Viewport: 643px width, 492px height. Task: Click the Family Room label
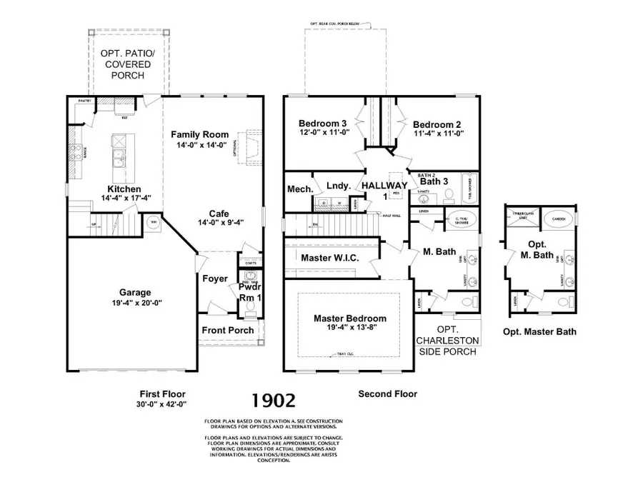199,134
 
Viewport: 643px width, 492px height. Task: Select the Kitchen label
123,189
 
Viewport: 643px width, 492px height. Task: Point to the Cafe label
219,213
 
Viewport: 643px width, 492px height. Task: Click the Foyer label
214,278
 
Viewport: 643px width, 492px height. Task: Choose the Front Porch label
228,330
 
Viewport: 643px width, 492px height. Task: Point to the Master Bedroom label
350,318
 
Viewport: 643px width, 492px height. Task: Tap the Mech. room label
300,189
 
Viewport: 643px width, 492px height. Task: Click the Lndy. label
338,186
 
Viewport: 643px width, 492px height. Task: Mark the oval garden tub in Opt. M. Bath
562,218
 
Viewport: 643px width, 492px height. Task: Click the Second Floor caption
387,393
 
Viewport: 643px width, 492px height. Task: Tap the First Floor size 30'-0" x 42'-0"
161,404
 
